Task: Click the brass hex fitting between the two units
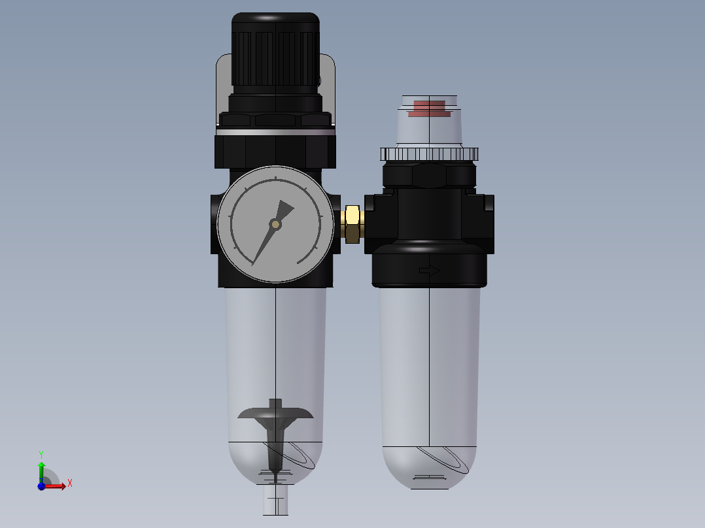click(352, 223)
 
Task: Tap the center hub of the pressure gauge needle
click(275, 224)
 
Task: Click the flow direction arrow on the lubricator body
click(429, 270)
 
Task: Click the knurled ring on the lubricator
click(430, 154)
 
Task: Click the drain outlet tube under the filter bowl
click(275, 504)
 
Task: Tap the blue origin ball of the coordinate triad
click(41, 486)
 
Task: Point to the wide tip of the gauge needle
click(285, 208)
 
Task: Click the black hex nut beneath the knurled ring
click(429, 176)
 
